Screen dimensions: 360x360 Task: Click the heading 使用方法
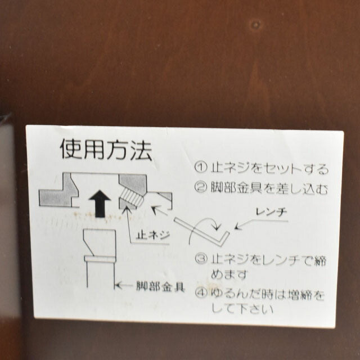click(106, 149)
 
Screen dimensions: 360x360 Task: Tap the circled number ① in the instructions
click(201, 168)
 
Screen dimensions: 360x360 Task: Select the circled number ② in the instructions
click(201, 187)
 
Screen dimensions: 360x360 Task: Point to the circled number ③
click(201, 259)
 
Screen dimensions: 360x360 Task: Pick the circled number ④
click(201, 292)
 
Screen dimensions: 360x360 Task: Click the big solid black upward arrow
click(100, 204)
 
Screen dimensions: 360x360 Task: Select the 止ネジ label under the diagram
click(153, 235)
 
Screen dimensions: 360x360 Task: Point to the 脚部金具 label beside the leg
click(160, 286)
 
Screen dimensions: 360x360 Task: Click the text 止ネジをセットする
click(269, 168)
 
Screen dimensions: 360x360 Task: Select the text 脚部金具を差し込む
click(269, 188)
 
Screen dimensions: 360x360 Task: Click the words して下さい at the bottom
click(242, 308)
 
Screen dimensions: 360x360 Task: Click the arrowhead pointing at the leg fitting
click(118, 286)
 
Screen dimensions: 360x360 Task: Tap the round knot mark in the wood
click(255, 25)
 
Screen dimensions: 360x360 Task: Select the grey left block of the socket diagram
click(59, 193)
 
